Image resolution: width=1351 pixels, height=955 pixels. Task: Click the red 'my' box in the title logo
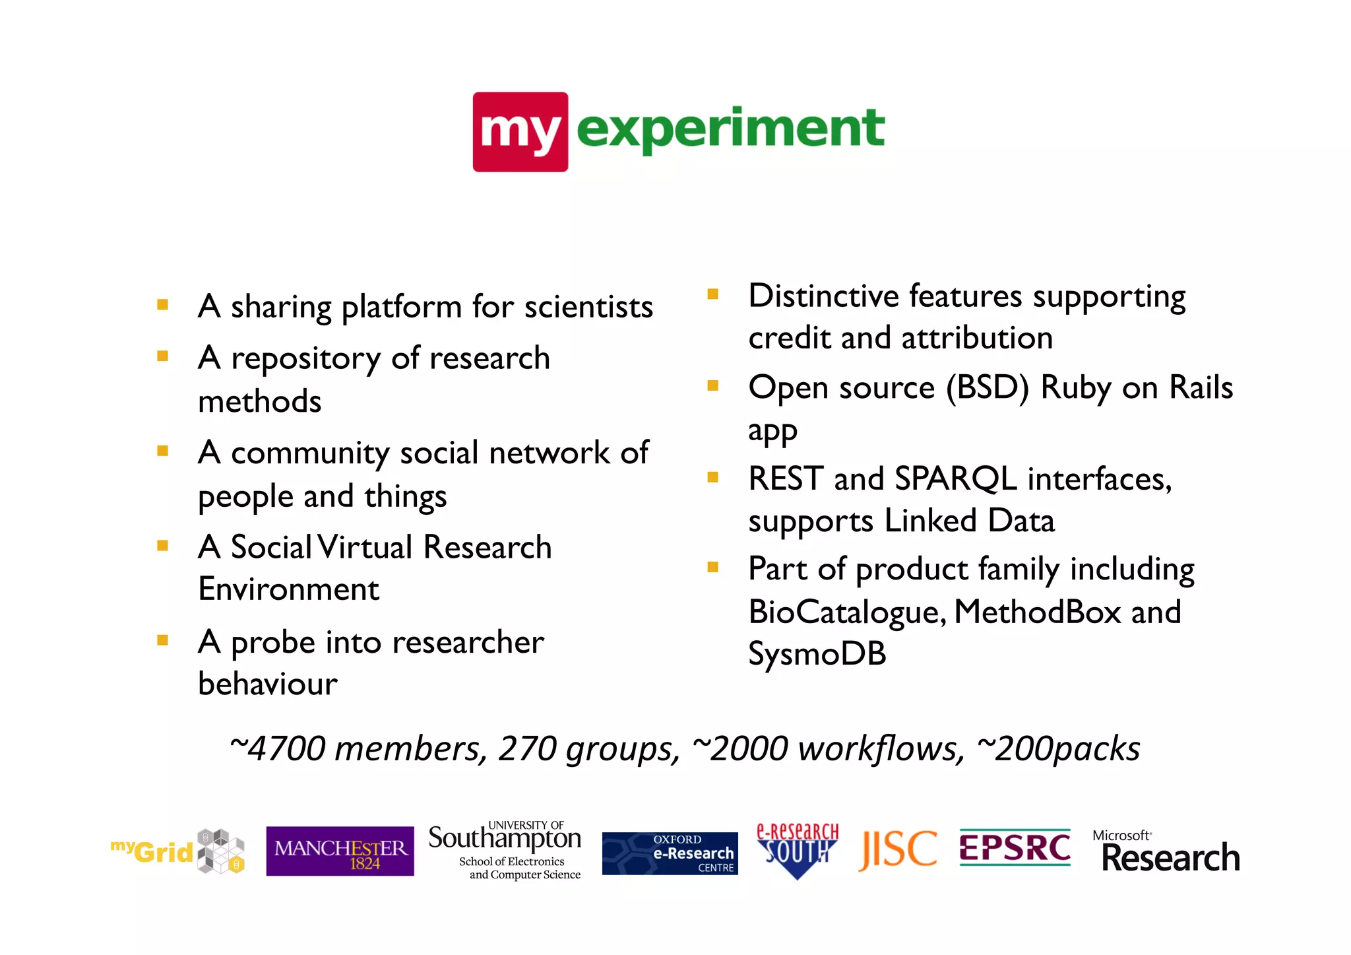point(520,132)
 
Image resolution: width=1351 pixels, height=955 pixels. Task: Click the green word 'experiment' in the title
point(730,129)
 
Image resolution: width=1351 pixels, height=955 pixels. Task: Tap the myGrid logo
point(177,851)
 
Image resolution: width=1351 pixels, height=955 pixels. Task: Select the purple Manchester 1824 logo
point(340,851)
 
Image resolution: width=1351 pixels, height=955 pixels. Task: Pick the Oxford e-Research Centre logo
point(670,853)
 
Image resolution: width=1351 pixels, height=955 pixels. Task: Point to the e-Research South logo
point(797,850)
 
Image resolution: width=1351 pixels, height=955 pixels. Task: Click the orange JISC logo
point(898,849)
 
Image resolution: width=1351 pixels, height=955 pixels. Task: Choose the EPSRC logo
point(1015,847)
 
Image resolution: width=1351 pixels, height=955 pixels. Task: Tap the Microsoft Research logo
point(1166,852)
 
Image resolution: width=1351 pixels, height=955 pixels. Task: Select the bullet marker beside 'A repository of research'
point(162,356)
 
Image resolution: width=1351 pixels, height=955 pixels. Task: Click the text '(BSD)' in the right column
point(988,387)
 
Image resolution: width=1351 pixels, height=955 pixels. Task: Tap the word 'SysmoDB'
point(817,654)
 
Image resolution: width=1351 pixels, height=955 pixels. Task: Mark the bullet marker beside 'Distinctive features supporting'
point(712,294)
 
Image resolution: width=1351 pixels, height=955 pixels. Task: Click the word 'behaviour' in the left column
point(268,684)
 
